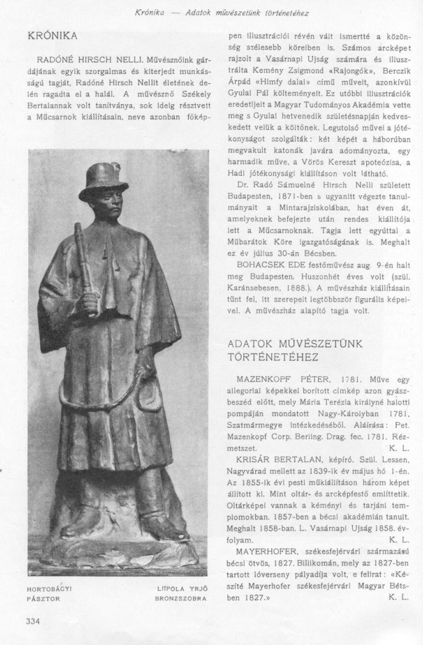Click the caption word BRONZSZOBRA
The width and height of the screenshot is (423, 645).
179,599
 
